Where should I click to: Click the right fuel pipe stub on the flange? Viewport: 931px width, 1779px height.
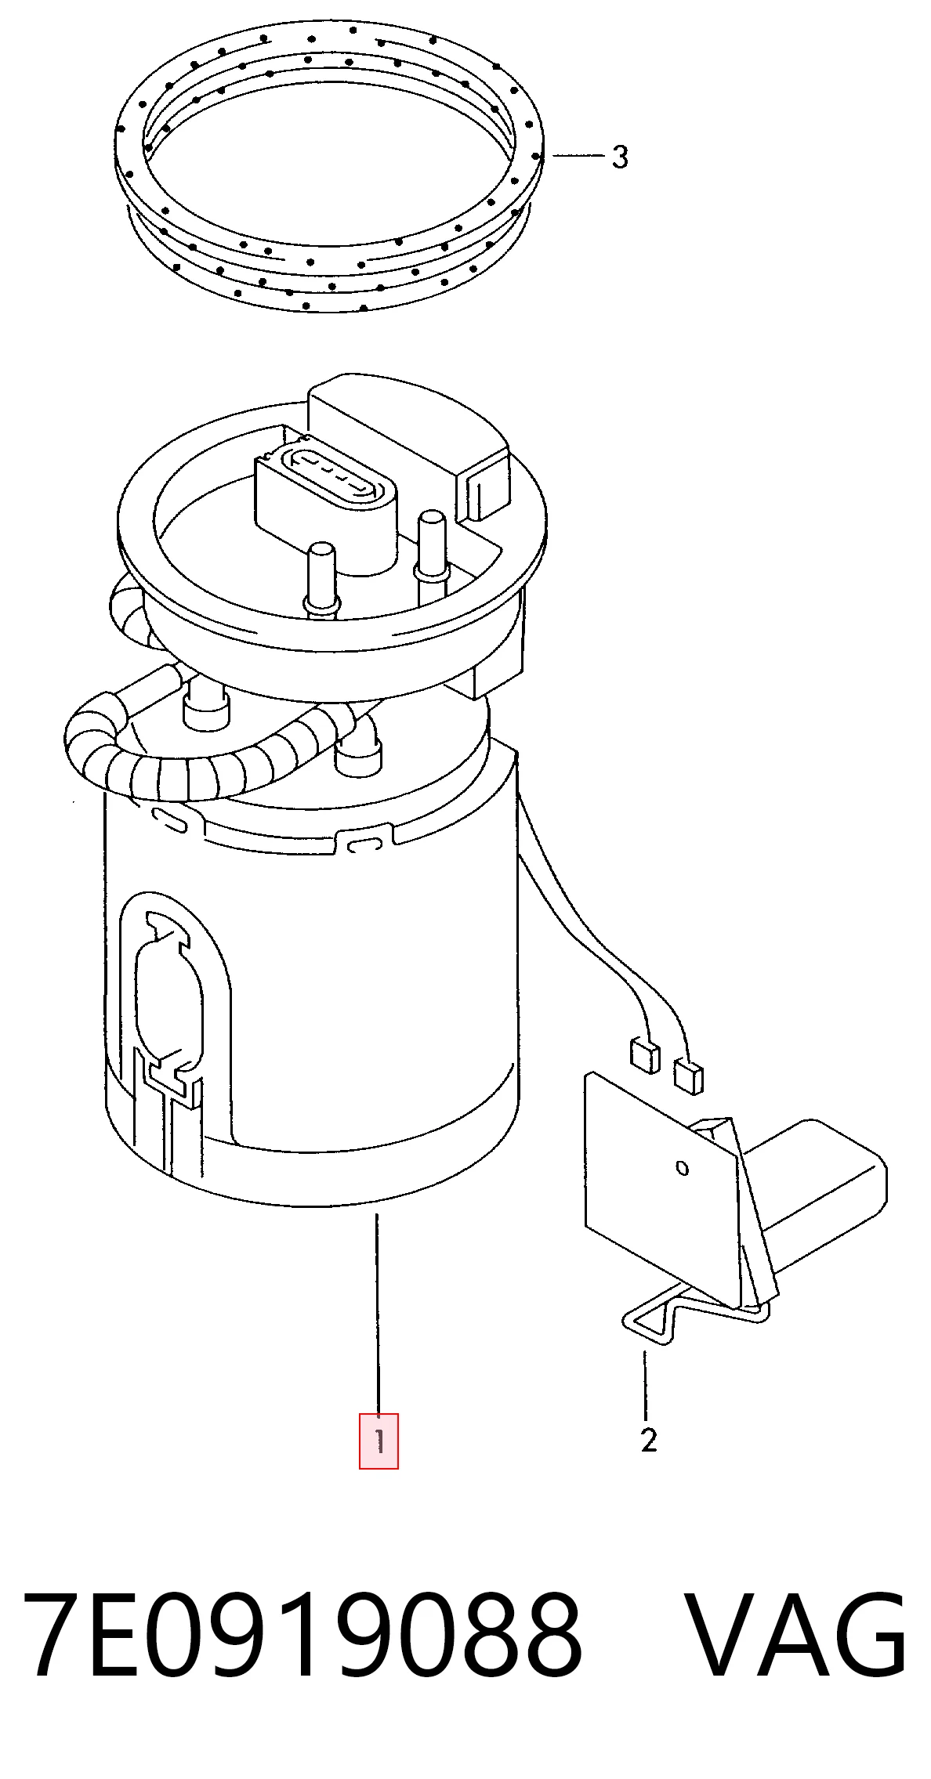[432, 548]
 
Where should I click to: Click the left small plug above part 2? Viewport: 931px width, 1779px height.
[642, 1054]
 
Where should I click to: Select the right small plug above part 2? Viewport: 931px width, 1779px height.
[689, 1075]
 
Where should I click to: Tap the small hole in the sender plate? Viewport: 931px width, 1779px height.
[682, 1168]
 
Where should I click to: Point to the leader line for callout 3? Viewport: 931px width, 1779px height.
[578, 157]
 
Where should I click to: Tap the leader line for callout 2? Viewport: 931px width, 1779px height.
[646, 1385]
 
